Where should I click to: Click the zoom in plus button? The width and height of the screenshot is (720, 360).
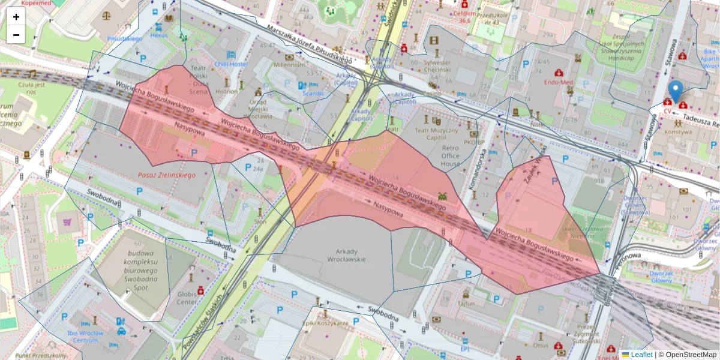point(16,17)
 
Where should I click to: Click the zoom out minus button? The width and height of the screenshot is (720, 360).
point(16,35)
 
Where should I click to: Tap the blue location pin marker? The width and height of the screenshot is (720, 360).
point(676,92)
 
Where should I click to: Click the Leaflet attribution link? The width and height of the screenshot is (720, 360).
point(641,355)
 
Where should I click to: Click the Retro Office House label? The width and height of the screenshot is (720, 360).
point(450,155)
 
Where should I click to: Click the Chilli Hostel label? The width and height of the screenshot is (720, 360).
point(231,64)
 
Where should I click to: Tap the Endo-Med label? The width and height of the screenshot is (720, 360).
point(559,82)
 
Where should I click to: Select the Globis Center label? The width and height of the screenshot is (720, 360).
point(187,298)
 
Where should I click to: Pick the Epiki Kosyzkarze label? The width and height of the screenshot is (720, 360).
point(326,323)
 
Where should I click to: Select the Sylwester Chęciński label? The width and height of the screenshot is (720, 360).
point(437,66)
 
